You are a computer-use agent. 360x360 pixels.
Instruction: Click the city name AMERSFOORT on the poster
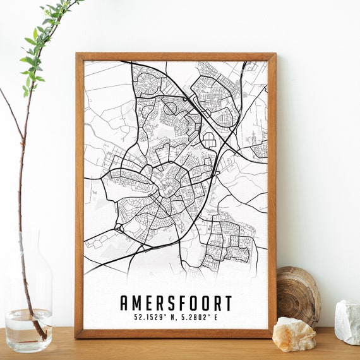click(x=176, y=303)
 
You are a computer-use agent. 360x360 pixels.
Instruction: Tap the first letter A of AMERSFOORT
click(x=124, y=303)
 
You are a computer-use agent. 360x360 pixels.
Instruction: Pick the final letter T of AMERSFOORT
click(x=227, y=303)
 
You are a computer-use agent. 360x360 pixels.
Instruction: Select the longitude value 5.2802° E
click(x=198, y=318)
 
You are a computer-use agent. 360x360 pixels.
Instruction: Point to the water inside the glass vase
click(x=28, y=328)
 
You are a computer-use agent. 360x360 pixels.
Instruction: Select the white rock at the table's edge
click(x=347, y=321)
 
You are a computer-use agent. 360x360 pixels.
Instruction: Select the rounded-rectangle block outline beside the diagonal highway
click(x=209, y=140)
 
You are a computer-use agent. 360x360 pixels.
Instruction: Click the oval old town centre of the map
click(x=169, y=186)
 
